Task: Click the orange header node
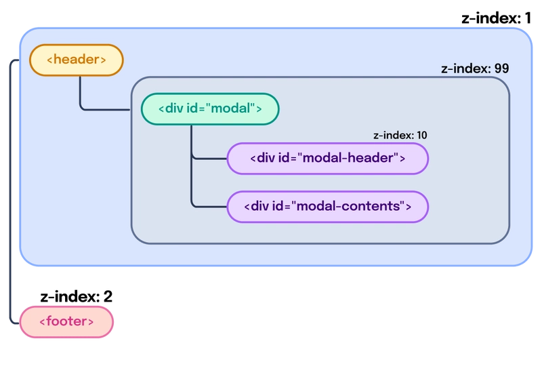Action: coord(77,60)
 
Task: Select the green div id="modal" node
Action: coord(210,109)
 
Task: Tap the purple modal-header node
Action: coord(328,159)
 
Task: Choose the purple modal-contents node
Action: coord(328,207)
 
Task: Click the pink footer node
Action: coord(66,322)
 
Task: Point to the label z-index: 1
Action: coord(496,18)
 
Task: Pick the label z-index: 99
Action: coord(475,68)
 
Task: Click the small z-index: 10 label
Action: coord(400,135)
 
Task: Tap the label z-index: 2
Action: coord(76,296)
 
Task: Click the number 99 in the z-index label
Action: coord(501,68)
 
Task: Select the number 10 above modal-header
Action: coord(421,135)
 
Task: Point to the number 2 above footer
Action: coord(108,296)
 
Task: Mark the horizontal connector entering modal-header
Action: coord(209,159)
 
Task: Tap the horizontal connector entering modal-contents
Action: coord(209,207)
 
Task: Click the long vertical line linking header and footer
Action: coord(10,192)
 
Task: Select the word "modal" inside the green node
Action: coord(230,108)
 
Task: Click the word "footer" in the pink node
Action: coord(66,321)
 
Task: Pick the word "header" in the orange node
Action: coord(77,59)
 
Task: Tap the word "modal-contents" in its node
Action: coord(348,206)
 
